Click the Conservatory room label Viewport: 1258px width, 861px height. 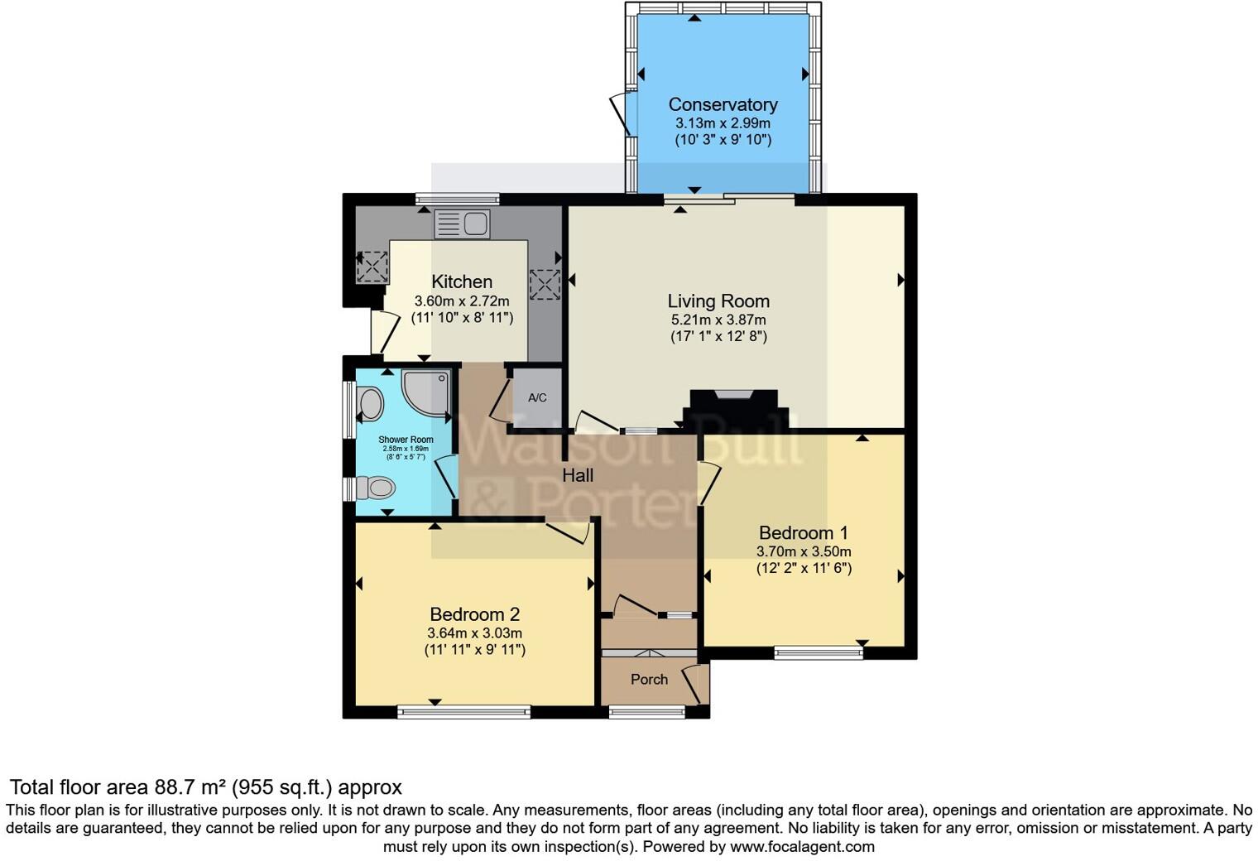(723, 104)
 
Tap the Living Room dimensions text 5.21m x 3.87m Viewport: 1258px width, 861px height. (718, 320)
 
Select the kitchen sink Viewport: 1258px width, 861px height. (463, 224)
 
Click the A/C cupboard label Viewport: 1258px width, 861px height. (537, 397)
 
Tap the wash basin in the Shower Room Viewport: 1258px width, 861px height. (370, 404)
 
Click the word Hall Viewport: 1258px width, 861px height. (578, 475)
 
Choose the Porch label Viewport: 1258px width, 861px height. (649, 679)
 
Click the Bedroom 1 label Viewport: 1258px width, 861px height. (803, 532)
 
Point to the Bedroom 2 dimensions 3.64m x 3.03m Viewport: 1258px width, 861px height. (474, 633)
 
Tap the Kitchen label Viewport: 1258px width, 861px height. (462, 281)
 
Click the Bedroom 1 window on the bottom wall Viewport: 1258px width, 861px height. (819, 653)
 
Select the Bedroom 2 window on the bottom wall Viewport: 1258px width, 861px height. (463, 711)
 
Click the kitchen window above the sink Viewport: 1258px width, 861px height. (458, 199)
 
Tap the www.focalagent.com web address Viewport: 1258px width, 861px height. (802, 846)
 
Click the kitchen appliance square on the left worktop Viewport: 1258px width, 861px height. (372, 267)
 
